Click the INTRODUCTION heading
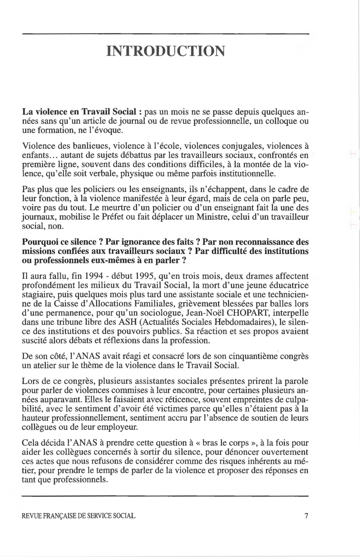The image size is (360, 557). [165, 51]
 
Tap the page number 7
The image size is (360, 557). [306, 516]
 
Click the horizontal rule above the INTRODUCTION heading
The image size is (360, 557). [165, 35]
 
